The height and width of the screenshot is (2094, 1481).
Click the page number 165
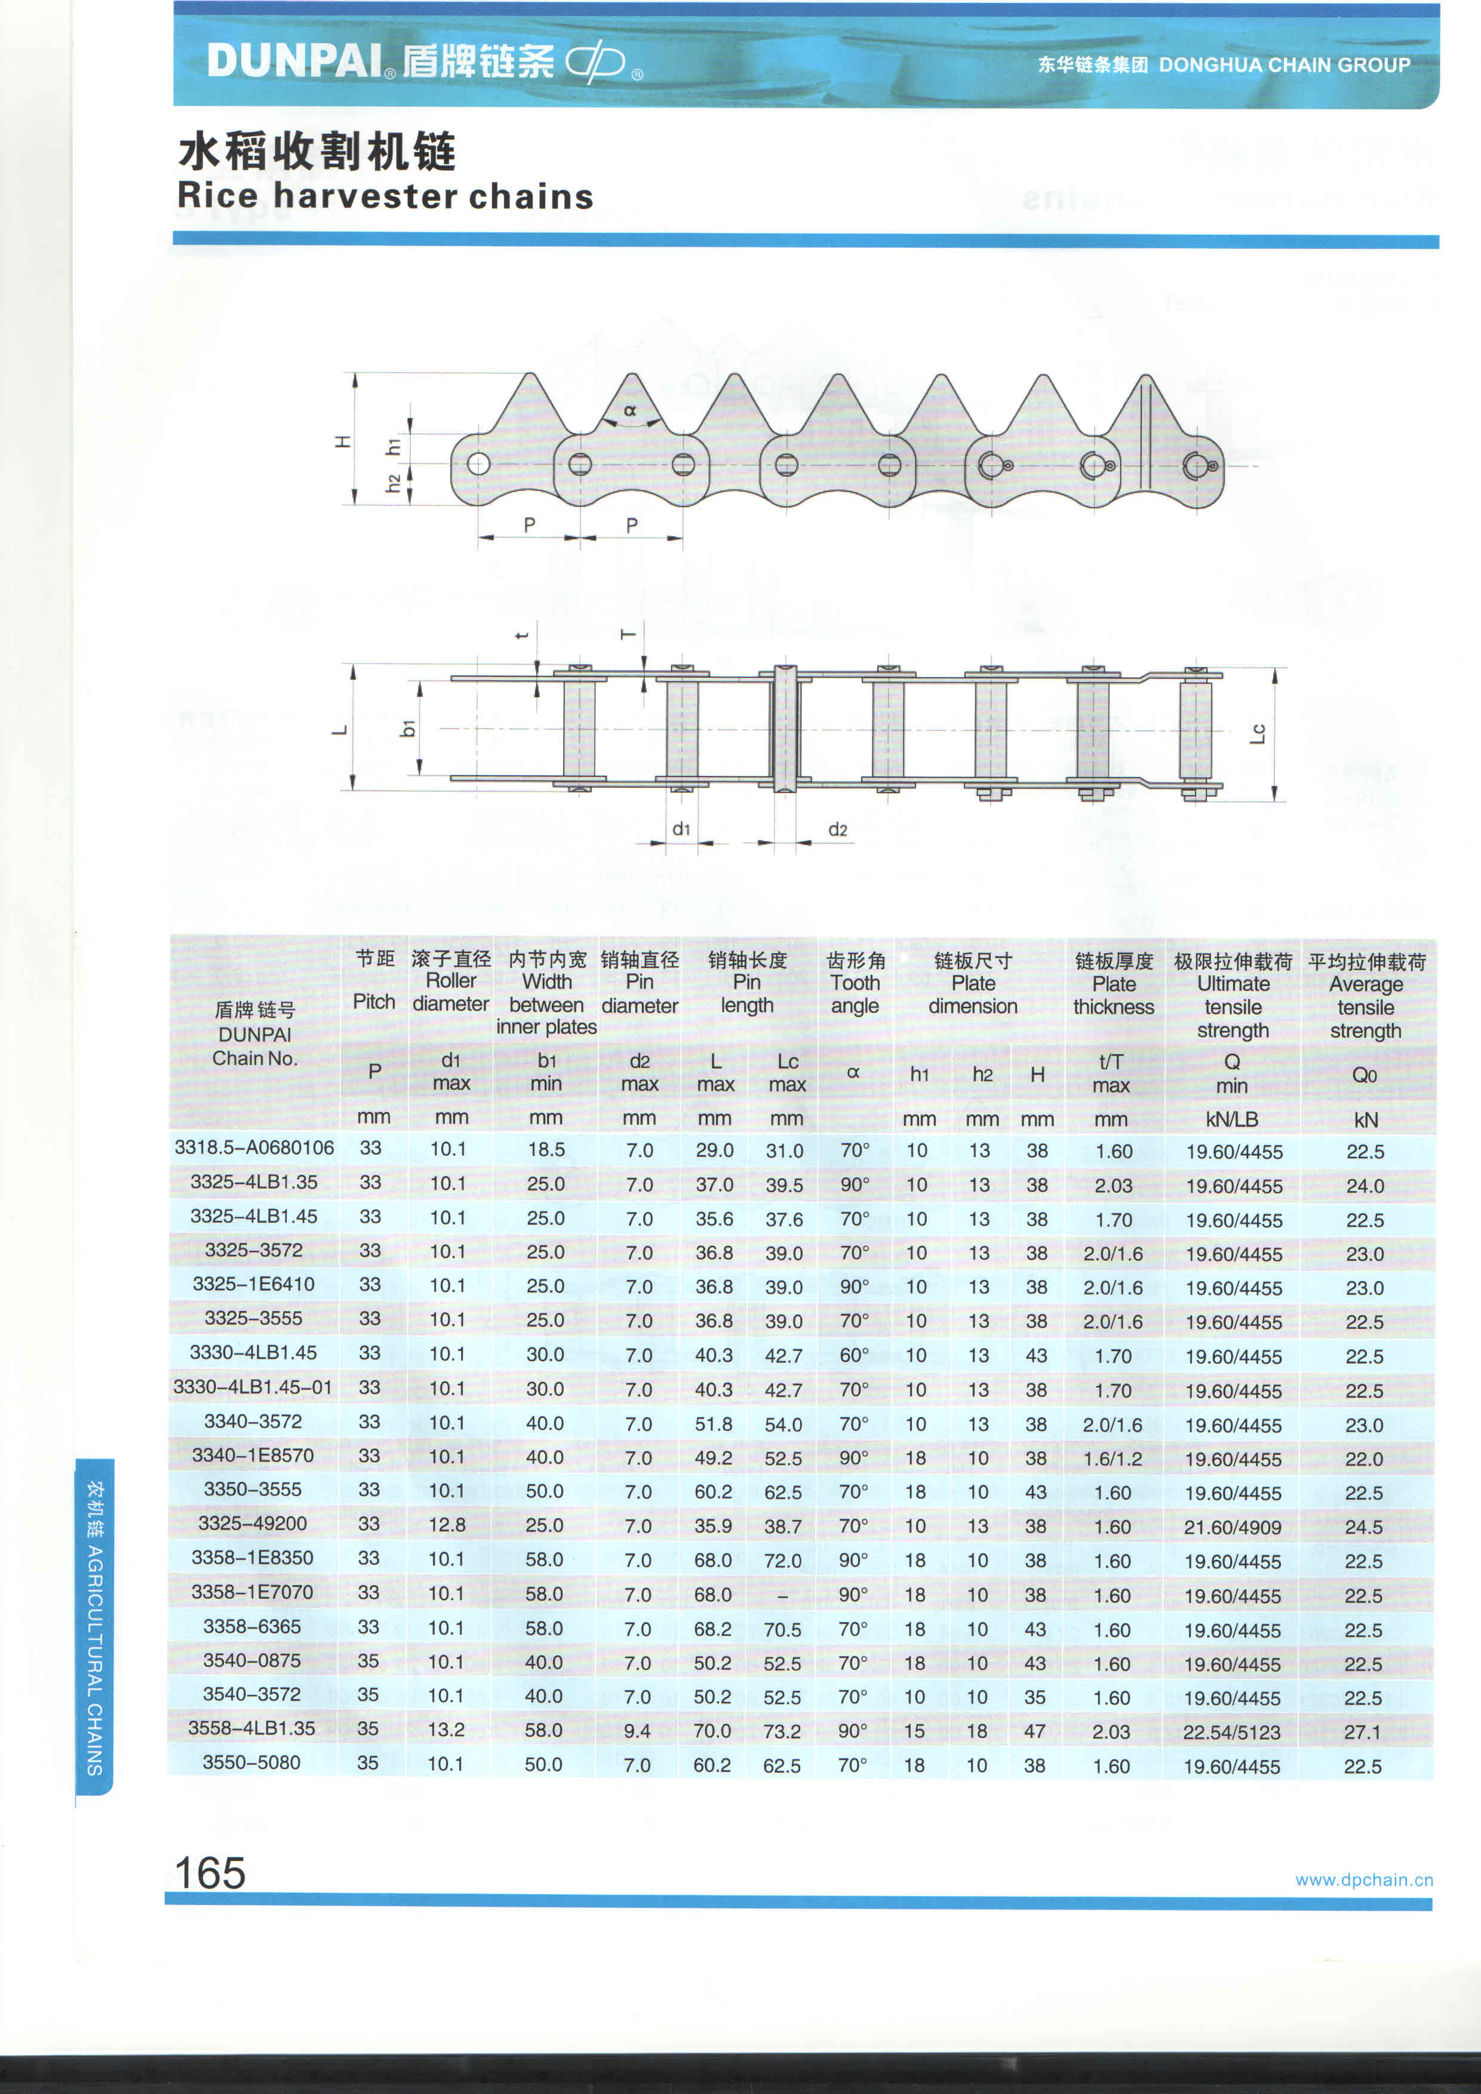click(x=210, y=1873)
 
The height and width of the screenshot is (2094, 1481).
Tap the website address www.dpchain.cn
click(x=1363, y=1880)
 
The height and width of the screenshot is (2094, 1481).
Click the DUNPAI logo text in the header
click(x=294, y=61)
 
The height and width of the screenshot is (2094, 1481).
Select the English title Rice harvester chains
click(x=385, y=196)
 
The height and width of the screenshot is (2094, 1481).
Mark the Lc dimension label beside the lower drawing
click(x=1258, y=732)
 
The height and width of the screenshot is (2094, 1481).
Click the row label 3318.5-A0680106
click(x=254, y=1147)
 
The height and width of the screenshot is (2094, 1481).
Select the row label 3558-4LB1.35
click(x=251, y=1728)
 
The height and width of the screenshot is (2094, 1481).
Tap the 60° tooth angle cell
click(x=853, y=1355)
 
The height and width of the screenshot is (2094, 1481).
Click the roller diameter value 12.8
click(x=447, y=1525)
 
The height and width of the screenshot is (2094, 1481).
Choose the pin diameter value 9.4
click(x=637, y=1730)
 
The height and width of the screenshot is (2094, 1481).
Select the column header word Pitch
click(x=374, y=1002)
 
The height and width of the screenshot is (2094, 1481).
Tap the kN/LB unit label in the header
click(x=1231, y=1119)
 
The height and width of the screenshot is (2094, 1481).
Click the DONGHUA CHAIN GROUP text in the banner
click(x=1284, y=65)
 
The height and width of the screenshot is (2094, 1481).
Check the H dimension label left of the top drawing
click(x=343, y=441)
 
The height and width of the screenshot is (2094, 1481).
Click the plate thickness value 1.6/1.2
click(x=1112, y=1459)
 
